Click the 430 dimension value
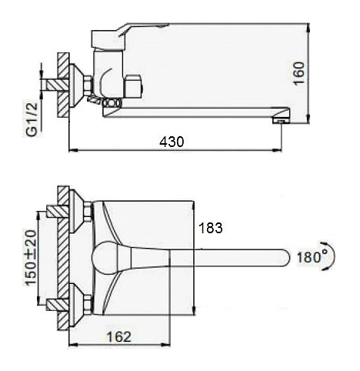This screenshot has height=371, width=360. (x=172, y=142)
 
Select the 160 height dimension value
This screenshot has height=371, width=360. (x=299, y=72)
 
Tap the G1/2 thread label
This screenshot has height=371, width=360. (x=32, y=119)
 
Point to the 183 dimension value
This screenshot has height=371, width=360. (x=211, y=228)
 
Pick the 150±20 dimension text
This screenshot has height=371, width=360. (x=31, y=257)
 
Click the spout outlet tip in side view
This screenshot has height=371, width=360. (x=281, y=121)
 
